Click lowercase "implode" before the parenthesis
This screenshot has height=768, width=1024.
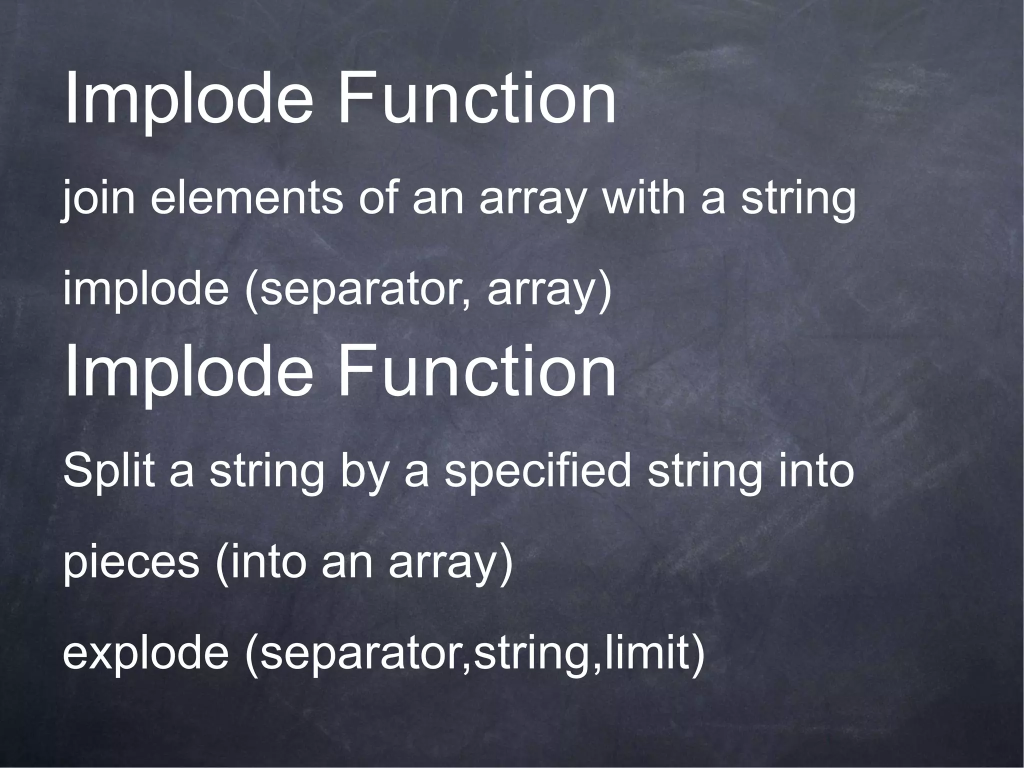145,291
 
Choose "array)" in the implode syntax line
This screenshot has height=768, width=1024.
549,291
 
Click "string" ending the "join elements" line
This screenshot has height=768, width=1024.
798,199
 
